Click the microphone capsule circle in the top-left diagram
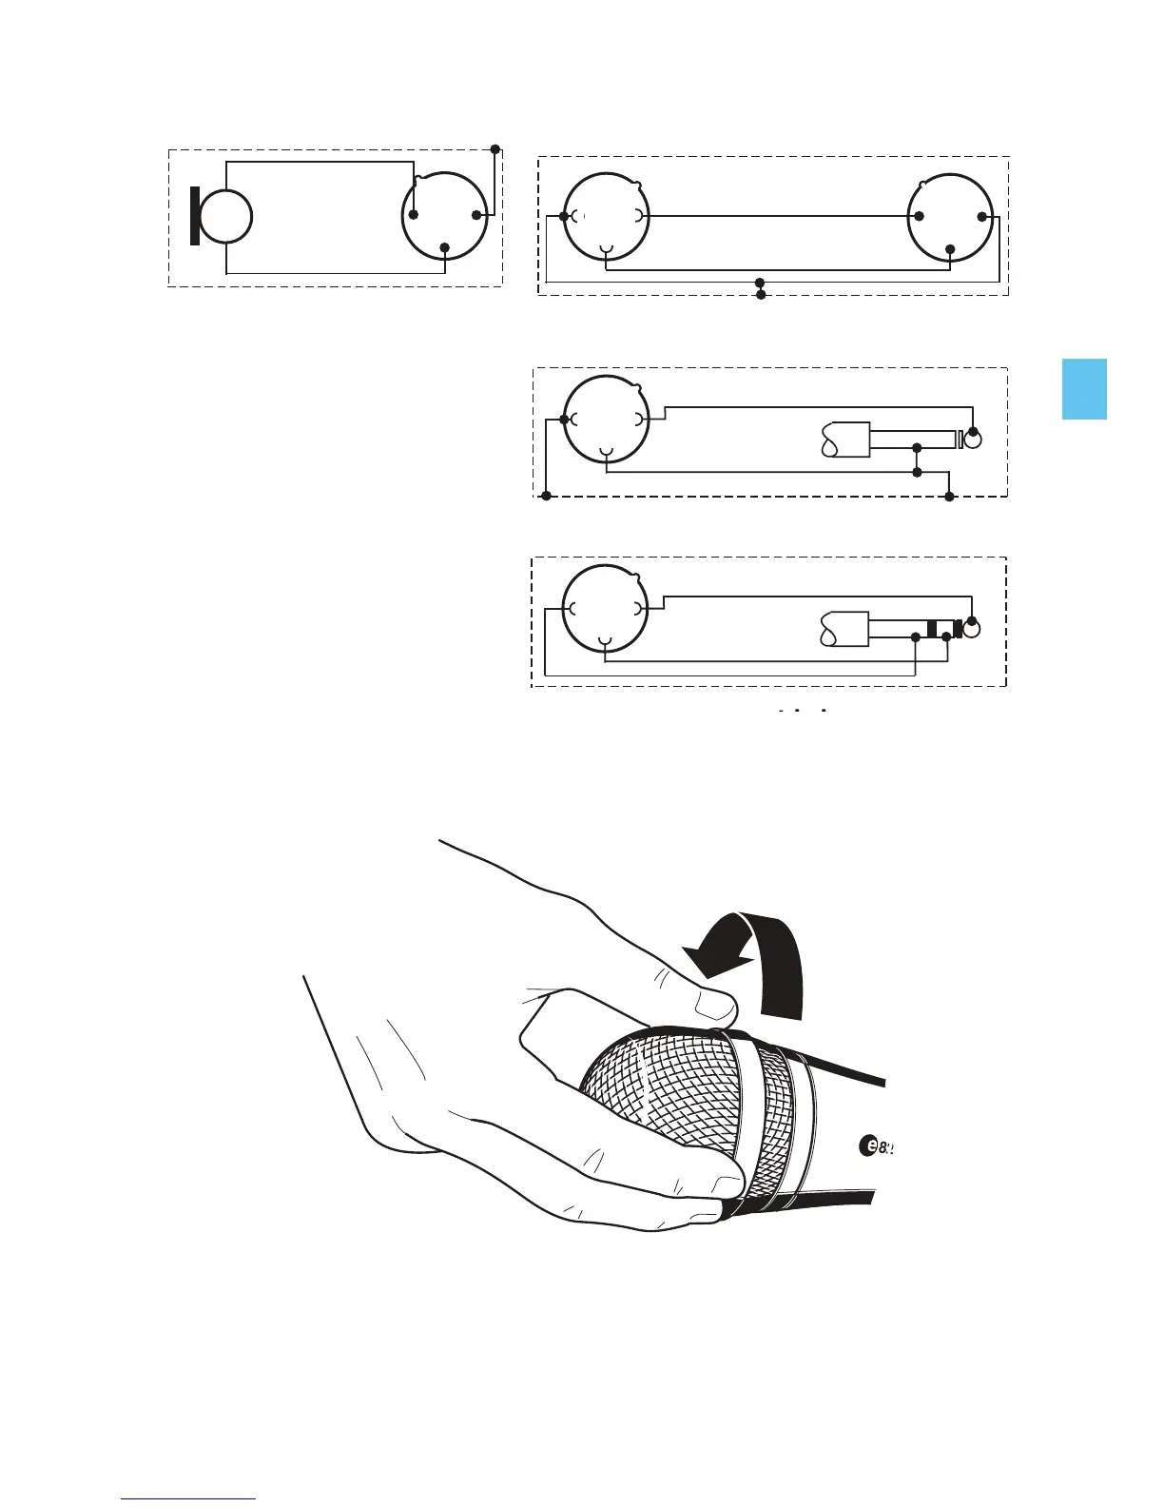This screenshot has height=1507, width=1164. click(225, 217)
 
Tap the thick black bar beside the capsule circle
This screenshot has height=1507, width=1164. click(195, 217)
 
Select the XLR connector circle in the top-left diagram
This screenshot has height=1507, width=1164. click(445, 216)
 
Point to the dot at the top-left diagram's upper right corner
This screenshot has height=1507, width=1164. click(495, 149)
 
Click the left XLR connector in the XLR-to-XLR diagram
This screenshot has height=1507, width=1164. click(607, 217)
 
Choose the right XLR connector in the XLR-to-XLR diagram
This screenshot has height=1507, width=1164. click(950, 216)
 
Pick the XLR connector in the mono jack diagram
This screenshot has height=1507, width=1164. click(607, 419)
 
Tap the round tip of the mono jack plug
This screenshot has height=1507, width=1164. click(972, 440)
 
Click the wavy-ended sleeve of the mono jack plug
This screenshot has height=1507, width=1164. click(844, 440)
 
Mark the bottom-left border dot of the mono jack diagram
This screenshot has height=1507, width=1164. click(547, 496)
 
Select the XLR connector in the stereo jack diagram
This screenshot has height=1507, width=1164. click(606, 608)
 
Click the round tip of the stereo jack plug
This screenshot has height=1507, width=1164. click(972, 629)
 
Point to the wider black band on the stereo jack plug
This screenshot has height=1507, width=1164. click(932, 629)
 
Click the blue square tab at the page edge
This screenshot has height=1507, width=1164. click(1084, 388)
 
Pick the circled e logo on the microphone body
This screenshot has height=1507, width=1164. click(867, 1146)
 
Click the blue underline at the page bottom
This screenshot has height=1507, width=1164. click(189, 1499)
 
